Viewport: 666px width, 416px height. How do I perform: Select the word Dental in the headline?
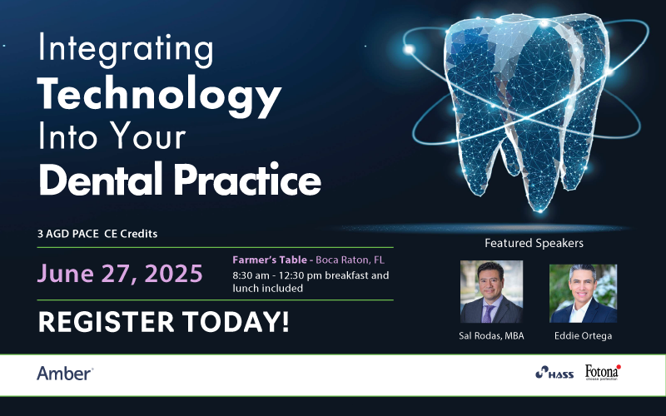pos(101,179)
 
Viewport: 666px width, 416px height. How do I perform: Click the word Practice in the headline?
pos(247,179)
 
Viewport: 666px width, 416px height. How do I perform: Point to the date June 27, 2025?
pos(120,274)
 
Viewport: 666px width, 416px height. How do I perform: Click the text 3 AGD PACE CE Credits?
pos(97,234)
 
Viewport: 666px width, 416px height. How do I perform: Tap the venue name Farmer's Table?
pos(270,260)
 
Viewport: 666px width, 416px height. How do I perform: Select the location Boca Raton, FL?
pos(350,260)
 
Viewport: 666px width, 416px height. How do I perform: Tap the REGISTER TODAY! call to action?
pos(163,322)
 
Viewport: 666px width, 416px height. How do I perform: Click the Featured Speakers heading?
pos(534,243)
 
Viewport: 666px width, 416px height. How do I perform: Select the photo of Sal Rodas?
pos(491,292)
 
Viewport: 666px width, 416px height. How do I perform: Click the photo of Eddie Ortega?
pos(584,294)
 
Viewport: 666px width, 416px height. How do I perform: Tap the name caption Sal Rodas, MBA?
pos(491,336)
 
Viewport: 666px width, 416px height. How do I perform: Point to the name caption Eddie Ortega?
pos(584,336)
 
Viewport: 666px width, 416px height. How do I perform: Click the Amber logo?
pos(65,374)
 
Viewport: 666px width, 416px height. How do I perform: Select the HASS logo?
pos(554,373)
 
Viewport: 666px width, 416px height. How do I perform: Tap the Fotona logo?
pos(603,372)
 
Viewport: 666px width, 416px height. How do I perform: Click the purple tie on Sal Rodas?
pos(488,314)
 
